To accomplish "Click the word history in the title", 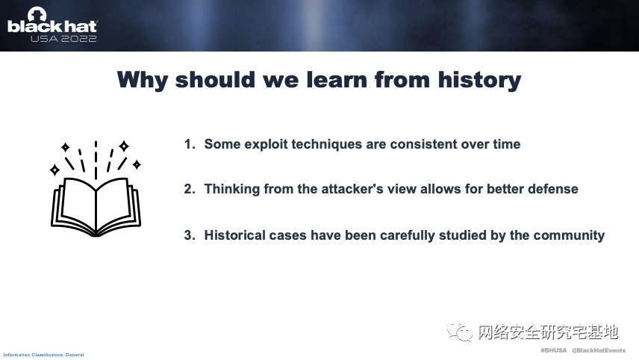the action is (x=480, y=81).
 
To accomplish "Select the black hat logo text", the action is (x=52, y=26).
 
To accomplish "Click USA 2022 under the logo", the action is (x=63, y=39).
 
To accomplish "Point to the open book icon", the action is (x=96, y=188).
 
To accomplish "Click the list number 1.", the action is (x=190, y=144).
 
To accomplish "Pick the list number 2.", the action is (x=190, y=189).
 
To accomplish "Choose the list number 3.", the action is (x=190, y=235).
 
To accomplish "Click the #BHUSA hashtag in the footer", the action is (x=553, y=350).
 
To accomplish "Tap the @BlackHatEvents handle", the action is (x=599, y=350).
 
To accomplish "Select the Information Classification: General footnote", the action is (x=43, y=355).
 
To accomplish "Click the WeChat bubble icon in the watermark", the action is (x=460, y=332).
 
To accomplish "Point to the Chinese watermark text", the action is (x=548, y=332).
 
